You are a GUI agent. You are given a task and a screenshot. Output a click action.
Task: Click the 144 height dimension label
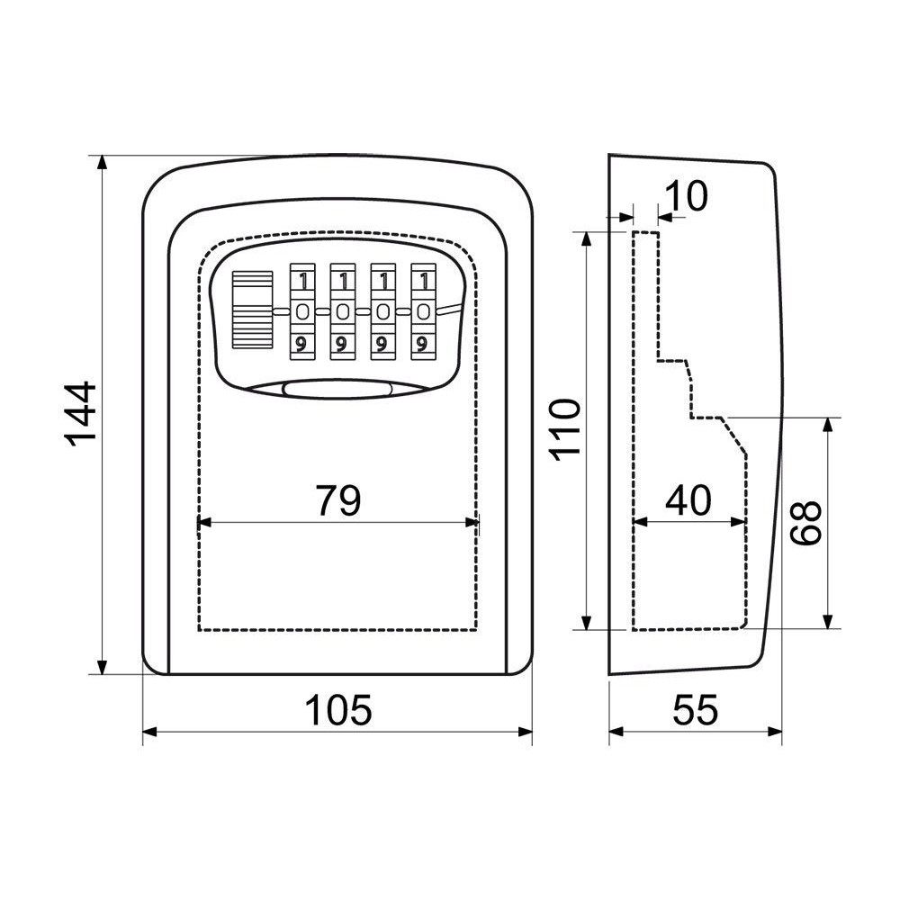80,414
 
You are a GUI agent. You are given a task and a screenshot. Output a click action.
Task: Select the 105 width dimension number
338,709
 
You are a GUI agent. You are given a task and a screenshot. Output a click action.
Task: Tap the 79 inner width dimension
338,499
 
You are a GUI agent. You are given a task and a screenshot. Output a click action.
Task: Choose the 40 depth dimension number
688,499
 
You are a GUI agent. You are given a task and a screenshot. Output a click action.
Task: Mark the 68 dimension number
805,522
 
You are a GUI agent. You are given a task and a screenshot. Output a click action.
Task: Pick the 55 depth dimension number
695,709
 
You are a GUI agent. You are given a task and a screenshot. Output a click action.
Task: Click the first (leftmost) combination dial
301,311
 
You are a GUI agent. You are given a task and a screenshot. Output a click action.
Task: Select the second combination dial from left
343,311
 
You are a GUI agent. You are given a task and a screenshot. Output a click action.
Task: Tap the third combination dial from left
382,311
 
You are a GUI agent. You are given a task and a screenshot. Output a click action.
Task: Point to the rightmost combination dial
424,311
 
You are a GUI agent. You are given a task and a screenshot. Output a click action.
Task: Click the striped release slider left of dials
253,310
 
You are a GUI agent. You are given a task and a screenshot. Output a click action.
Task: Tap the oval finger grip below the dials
337,389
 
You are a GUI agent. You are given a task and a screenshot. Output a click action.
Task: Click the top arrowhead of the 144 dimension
103,162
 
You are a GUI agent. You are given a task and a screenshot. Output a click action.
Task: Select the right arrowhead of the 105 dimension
526,732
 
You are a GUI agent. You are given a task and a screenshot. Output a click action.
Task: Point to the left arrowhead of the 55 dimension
616,732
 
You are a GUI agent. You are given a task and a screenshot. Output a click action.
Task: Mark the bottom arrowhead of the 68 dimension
827,622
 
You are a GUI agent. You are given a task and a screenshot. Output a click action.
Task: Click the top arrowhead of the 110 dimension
586,240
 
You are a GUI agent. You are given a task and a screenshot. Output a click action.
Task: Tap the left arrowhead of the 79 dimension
205,522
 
